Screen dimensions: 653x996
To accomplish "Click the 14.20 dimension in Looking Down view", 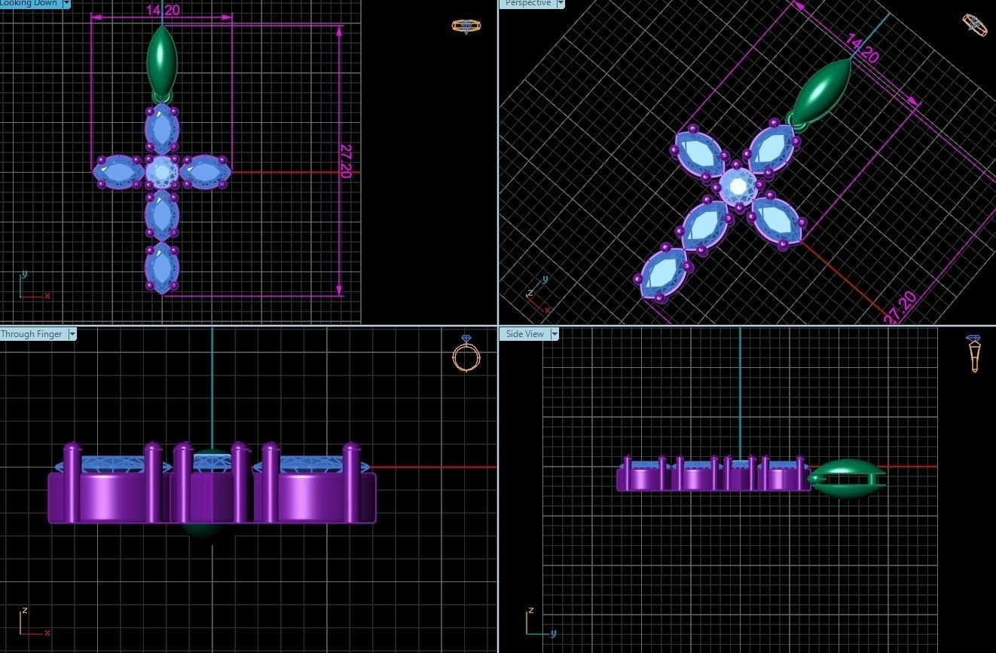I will pyautogui.click(x=163, y=10).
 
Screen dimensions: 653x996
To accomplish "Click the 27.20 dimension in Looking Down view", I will pyautogui.click(x=346, y=161).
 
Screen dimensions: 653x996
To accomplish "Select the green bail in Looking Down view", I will pyautogui.click(x=162, y=60).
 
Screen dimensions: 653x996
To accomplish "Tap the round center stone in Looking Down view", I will pyautogui.click(x=161, y=172).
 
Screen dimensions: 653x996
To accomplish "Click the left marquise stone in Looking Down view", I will pyautogui.click(x=118, y=172).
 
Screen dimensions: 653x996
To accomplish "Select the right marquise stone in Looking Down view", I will pyautogui.click(x=205, y=172).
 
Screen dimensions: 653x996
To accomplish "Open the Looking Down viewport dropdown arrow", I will pyautogui.click(x=66, y=4).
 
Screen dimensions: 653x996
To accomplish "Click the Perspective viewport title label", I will pyautogui.click(x=527, y=4).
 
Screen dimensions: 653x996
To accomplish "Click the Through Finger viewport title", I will pyautogui.click(x=32, y=334).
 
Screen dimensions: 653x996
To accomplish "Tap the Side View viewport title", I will pyautogui.click(x=524, y=334).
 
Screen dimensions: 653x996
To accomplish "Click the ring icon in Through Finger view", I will pyautogui.click(x=466, y=354).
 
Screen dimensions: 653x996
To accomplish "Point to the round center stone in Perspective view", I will pyautogui.click(x=738, y=185).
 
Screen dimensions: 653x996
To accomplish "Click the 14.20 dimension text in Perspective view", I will pyautogui.click(x=862, y=48).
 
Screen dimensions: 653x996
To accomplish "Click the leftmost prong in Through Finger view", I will pyautogui.click(x=72, y=483).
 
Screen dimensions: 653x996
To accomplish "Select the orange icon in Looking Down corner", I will pyautogui.click(x=466, y=26).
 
